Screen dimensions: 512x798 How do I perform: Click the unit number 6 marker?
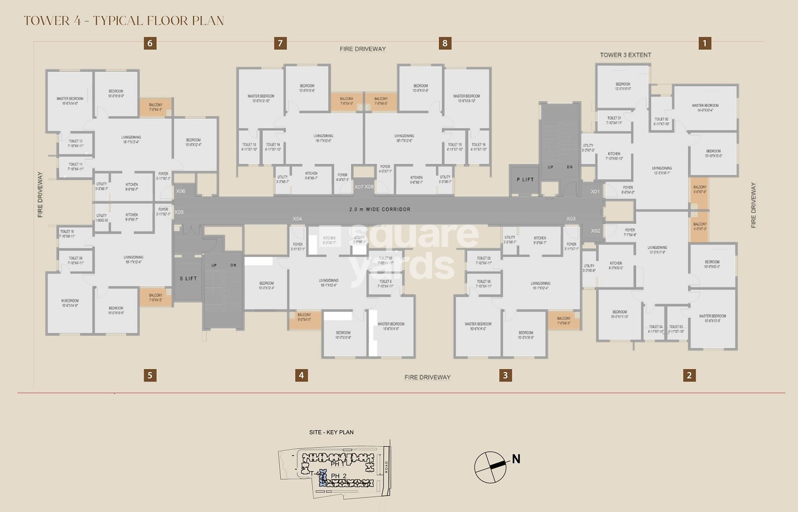[x=150, y=43]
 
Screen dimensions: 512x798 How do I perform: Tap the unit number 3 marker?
[x=505, y=375]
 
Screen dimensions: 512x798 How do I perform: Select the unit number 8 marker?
[x=445, y=43]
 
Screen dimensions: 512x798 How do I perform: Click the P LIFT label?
[x=525, y=179]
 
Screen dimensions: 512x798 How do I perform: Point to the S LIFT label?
[x=188, y=279]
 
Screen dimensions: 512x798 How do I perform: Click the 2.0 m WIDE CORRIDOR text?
[x=380, y=210]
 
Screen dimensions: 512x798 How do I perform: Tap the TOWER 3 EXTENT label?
[x=625, y=55]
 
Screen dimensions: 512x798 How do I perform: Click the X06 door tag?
[x=181, y=191]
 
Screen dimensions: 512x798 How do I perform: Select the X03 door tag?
[x=571, y=219]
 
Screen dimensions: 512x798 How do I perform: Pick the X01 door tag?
[x=595, y=192]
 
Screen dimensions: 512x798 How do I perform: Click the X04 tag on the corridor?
[x=297, y=219]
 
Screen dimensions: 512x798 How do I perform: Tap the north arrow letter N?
[x=516, y=459]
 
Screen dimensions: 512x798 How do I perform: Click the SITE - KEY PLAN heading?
[x=331, y=432]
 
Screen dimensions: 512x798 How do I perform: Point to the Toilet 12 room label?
[x=76, y=143]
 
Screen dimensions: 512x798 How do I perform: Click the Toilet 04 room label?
[x=656, y=329]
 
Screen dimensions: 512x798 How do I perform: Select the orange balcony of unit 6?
[x=156, y=107]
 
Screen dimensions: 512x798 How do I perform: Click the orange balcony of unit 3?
[x=564, y=320]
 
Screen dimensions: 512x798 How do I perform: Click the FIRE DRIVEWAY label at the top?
[x=363, y=49]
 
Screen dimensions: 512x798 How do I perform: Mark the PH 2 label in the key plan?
[x=339, y=476]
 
